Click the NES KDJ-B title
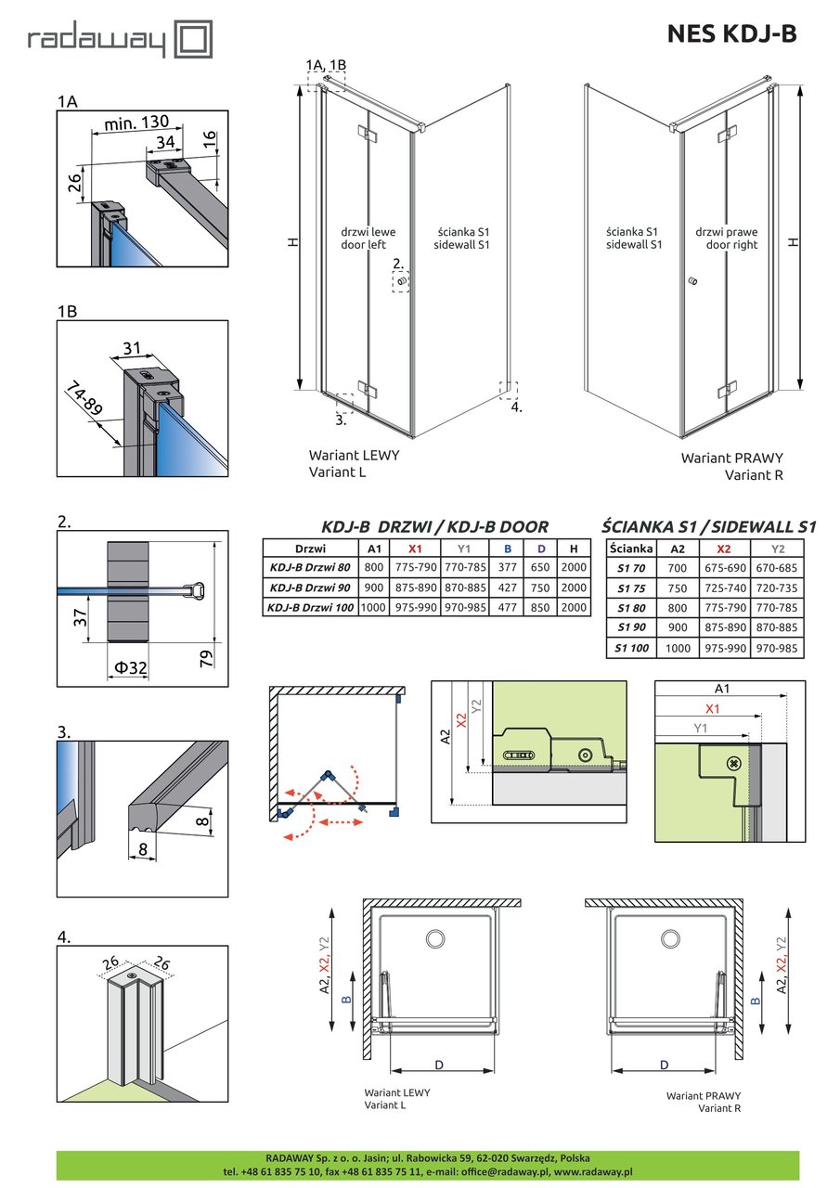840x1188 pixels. tap(731, 34)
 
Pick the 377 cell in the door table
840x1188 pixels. tap(508, 566)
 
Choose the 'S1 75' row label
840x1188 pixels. tap(630, 588)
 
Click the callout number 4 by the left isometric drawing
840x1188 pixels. tap(517, 407)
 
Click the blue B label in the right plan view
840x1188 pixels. tap(755, 1000)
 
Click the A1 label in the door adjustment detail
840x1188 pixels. tap(721, 689)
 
